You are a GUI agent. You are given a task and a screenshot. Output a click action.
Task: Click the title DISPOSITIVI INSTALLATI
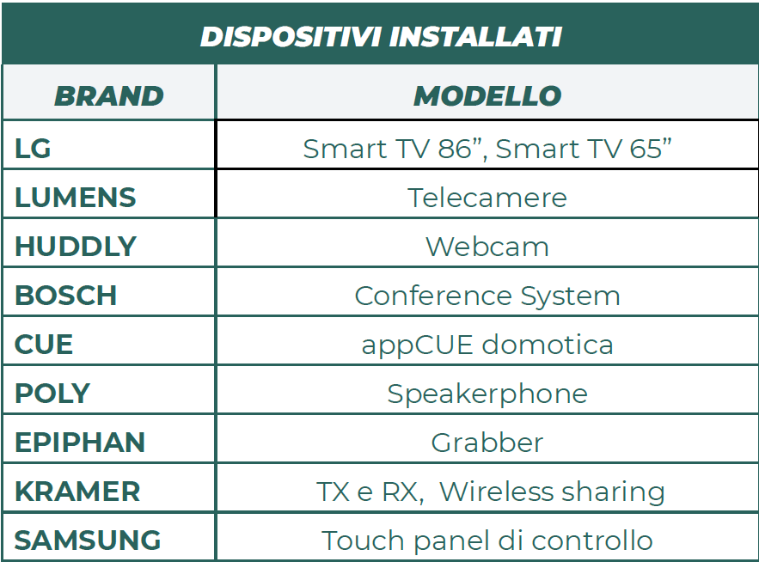381,37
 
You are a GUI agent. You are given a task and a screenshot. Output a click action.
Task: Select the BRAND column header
109,96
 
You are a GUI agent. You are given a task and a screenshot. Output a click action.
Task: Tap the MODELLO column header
487,96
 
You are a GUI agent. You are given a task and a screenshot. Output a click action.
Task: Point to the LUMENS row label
76,198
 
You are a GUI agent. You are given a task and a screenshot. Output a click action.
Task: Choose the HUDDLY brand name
76,247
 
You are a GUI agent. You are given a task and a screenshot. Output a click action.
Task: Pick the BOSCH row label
66,296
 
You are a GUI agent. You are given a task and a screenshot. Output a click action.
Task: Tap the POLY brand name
52,393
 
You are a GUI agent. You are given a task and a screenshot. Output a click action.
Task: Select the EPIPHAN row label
80,442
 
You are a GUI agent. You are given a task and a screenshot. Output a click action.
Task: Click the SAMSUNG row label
88,540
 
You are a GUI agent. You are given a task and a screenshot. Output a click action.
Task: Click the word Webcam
487,247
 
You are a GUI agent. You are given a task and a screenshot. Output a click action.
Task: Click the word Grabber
487,443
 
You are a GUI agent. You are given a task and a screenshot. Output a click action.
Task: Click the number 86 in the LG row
455,149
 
